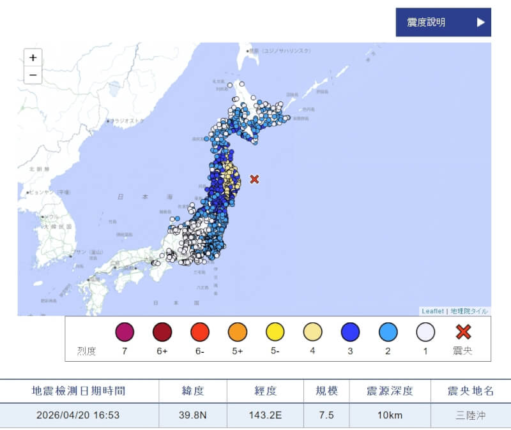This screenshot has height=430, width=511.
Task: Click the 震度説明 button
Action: coord(443,22)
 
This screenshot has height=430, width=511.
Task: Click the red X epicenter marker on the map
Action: coord(254,179)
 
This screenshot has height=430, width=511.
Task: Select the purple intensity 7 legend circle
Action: coord(125,332)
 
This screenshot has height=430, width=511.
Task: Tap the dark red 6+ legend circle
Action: coord(162,332)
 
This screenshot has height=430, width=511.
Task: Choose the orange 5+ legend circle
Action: coord(238,332)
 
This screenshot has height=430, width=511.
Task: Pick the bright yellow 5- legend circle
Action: coord(275,332)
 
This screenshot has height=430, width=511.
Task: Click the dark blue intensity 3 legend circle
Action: coord(350,332)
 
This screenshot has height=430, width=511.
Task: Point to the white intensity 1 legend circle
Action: coord(425,332)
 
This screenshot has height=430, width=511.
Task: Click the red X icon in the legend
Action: coord(463,332)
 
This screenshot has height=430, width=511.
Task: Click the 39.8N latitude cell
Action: coord(192,415)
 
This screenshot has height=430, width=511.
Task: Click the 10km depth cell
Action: coord(390,415)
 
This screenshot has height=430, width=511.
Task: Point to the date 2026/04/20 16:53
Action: coord(79,415)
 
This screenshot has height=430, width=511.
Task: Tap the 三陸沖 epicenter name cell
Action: coord(471,415)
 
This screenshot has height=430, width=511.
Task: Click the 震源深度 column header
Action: coord(390,390)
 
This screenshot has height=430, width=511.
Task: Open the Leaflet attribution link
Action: coord(432,311)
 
